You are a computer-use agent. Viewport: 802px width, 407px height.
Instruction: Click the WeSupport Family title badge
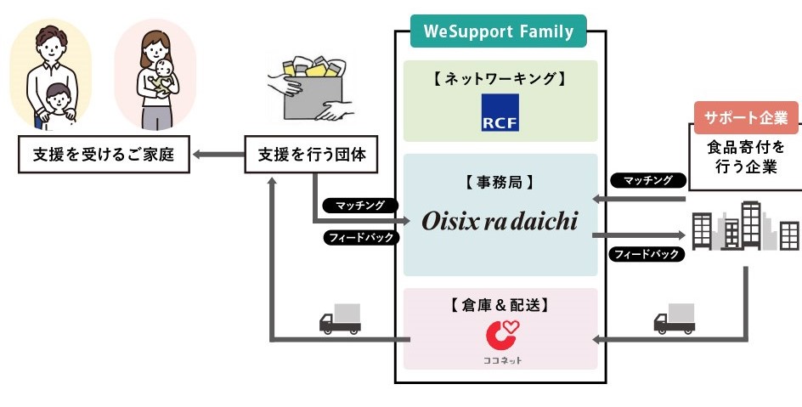click(498, 31)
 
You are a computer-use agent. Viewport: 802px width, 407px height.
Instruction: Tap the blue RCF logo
click(500, 112)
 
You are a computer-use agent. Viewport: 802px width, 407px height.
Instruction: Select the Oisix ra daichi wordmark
click(500, 222)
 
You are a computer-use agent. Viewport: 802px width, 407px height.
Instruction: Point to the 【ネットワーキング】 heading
click(500, 79)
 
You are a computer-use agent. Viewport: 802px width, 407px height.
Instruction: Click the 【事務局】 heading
click(500, 183)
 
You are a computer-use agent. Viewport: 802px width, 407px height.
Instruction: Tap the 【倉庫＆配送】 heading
click(500, 305)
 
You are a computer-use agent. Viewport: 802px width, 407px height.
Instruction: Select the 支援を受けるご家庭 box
click(104, 155)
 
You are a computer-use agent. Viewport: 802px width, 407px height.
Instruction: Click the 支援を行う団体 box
click(311, 155)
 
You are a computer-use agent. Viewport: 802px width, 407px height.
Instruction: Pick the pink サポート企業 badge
click(746, 118)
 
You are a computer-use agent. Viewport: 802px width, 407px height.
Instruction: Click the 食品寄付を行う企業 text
click(746, 157)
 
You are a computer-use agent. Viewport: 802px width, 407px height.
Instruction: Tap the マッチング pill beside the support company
click(648, 180)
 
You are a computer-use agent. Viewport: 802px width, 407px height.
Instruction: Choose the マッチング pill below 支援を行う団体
click(360, 206)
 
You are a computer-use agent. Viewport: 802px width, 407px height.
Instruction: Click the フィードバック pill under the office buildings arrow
click(647, 254)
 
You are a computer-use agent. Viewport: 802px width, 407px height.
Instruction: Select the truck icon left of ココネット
click(341, 319)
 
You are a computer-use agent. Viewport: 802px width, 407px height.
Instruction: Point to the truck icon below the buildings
click(675, 319)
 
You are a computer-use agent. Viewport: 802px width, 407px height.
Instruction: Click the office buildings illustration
click(745, 226)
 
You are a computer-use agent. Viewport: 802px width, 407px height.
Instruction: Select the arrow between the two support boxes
click(217, 154)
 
